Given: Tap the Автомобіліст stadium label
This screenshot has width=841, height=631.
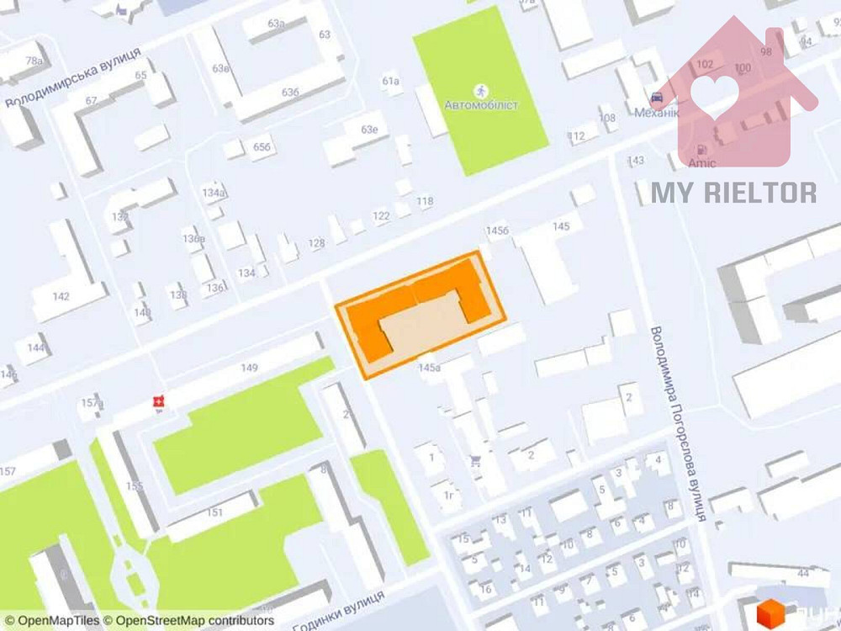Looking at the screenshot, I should [x=481, y=105].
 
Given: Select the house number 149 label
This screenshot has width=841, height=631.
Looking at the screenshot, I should [x=249, y=367].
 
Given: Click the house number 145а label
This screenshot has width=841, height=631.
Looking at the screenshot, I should [x=429, y=367].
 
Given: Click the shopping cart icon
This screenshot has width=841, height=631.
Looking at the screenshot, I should [x=476, y=461].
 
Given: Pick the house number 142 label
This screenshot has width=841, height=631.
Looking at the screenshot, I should [x=61, y=296].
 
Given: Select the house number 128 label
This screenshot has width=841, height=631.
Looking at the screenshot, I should [x=316, y=244].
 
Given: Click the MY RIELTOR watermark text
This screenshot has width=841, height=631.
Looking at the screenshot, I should [x=733, y=193].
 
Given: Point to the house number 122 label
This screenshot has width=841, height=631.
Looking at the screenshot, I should [x=381, y=217].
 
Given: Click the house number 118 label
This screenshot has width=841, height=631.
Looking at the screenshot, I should [x=425, y=202].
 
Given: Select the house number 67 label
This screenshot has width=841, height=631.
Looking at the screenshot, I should [x=91, y=101].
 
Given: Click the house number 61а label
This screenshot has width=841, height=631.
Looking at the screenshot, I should [x=389, y=82].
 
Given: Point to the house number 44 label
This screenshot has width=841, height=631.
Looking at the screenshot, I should [x=804, y=574].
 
